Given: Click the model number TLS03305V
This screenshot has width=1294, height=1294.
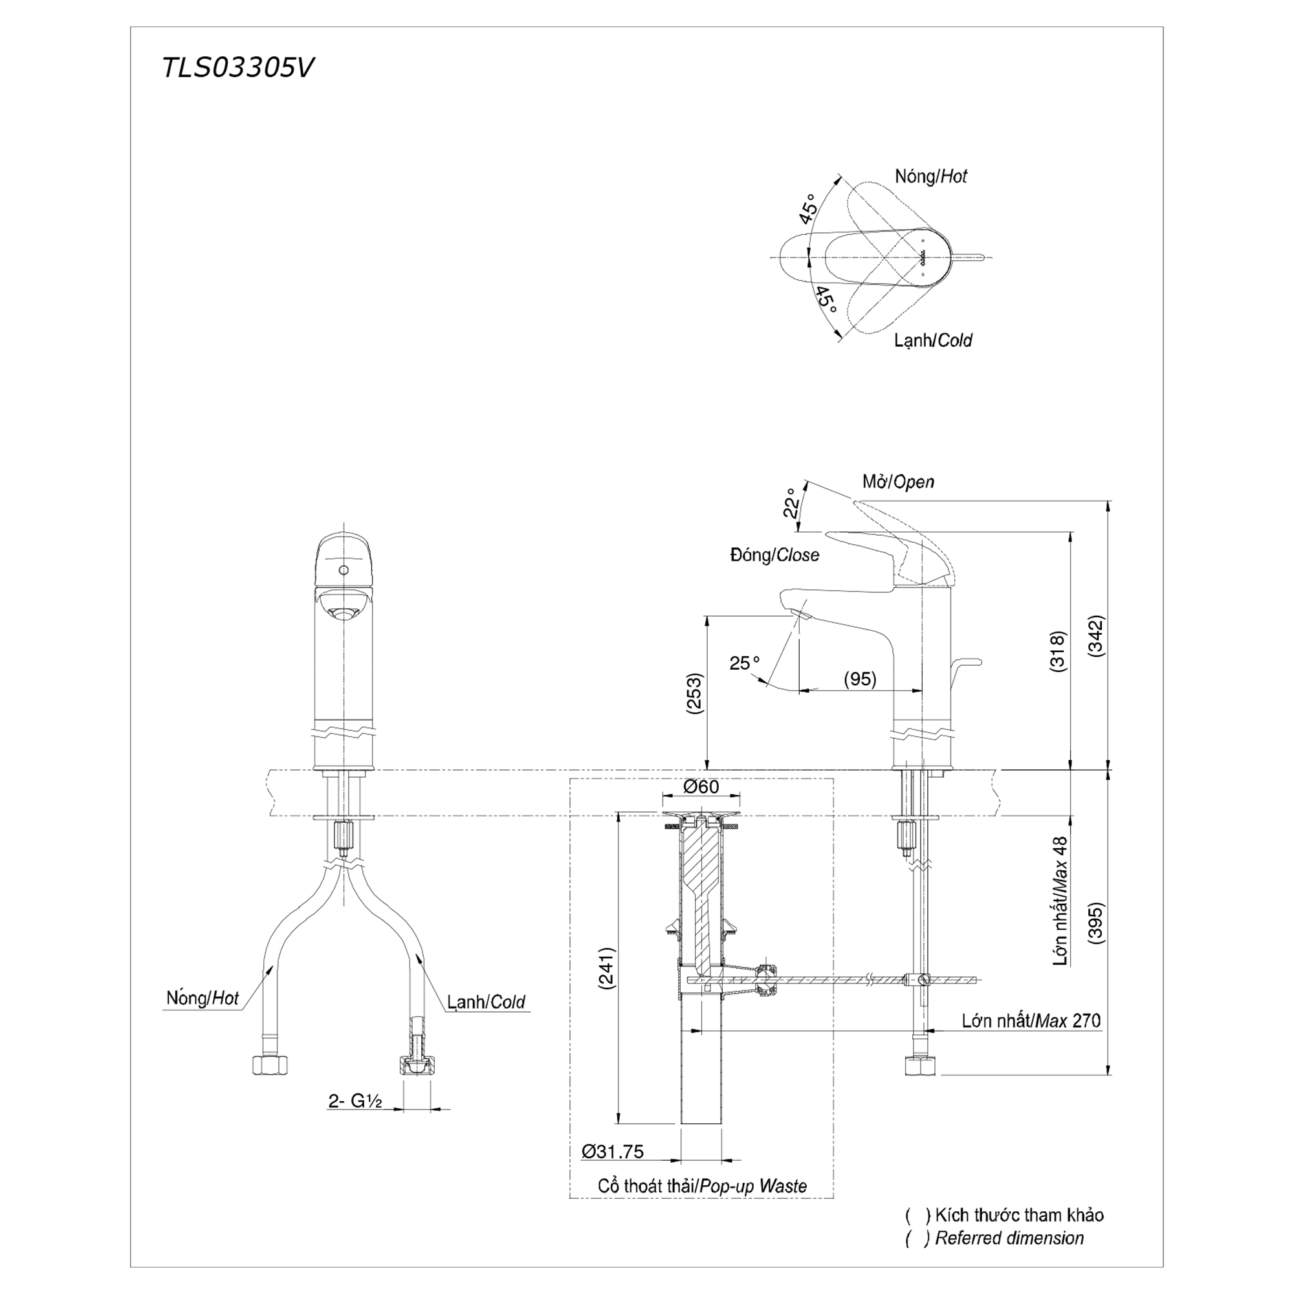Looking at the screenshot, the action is pos(237,68).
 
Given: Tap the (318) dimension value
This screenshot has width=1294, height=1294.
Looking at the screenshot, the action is pos(1059,651).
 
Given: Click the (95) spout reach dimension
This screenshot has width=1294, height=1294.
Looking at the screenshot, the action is pos(860,679).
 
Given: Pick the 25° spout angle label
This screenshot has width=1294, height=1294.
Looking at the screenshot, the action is pos(745,663).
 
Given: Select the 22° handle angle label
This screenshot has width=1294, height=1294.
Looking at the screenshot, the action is pos(792,503).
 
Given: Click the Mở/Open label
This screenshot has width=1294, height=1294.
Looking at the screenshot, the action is pos(898,481).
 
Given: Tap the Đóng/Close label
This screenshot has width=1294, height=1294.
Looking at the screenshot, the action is pos(775,555).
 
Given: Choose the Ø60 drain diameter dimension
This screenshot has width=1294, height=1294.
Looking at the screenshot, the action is pos(701,786).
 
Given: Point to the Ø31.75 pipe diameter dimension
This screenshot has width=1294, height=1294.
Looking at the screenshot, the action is pos(613,1152).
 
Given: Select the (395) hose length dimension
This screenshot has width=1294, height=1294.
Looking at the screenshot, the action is pos(1097,923).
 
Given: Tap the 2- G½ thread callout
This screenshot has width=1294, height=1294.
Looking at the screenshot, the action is pos(355,1101).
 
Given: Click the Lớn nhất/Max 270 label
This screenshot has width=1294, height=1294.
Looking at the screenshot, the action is pos(1031,1020).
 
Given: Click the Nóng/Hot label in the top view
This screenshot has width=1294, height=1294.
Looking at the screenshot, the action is pos(931,176).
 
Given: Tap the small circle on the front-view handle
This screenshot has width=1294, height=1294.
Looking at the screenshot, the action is pos(344,571).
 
